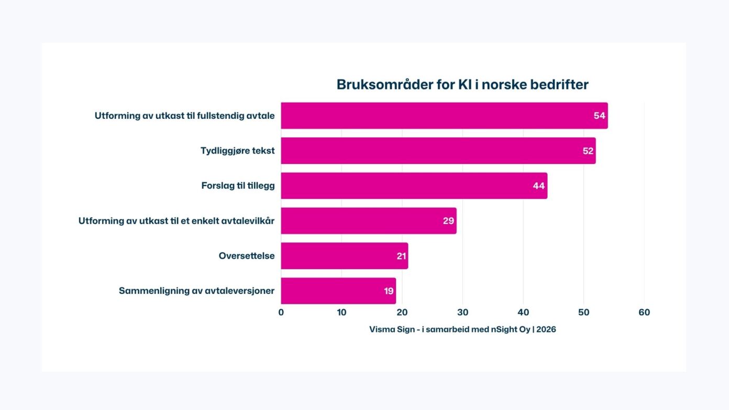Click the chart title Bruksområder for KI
pyautogui.click(x=462, y=85)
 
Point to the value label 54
pyautogui.click(x=599, y=116)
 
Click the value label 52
pyautogui.click(x=588, y=151)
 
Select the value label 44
pyautogui.click(x=538, y=186)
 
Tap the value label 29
pyautogui.click(x=448, y=221)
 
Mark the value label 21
pyautogui.click(x=401, y=256)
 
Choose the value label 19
pyautogui.click(x=389, y=291)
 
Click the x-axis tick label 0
pyautogui.click(x=281, y=313)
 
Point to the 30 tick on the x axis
pyautogui.click(x=462, y=313)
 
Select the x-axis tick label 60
pyautogui.click(x=644, y=313)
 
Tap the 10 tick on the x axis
pyautogui.click(x=341, y=313)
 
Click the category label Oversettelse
pyautogui.click(x=247, y=256)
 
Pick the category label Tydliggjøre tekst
pyautogui.click(x=237, y=151)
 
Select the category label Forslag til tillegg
pyautogui.click(x=238, y=186)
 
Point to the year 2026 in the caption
pyautogui.click(x=546, y=329)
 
